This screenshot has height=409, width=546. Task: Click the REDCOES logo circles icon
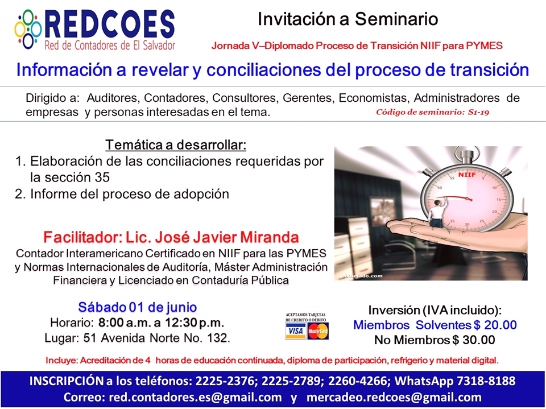(x=28, y=29)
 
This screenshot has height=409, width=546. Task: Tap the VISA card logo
(x=296, y=331)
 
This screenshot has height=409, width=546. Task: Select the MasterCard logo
(x=318, y=331)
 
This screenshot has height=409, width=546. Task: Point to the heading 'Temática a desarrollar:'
(x=176, y=144)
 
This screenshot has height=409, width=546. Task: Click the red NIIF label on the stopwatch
(x=466, y=175)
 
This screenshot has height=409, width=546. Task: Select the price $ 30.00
(x=474, y=340)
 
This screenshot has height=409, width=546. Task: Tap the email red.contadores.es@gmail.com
(x=195, y=397)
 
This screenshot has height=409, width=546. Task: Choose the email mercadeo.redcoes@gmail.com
(x=394, y=397)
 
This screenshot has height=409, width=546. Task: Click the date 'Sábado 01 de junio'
(x=138, y=307)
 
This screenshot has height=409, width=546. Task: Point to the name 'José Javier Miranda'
(x=227, y=237)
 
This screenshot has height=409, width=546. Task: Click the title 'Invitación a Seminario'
(x=348, y=19)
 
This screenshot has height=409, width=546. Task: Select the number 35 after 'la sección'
(x=102, y=177)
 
